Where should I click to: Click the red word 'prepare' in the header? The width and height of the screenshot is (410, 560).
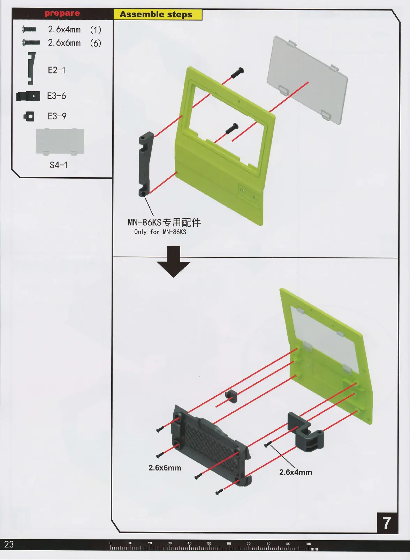click(x=62, y=14)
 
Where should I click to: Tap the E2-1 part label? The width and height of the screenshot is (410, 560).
click(x=56, y=70)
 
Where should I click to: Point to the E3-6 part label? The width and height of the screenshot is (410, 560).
click(x=56, y=96)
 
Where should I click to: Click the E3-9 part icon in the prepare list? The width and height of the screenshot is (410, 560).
click(x=29, y=116)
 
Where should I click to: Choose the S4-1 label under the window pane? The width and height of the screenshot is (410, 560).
click(x=58, y=165)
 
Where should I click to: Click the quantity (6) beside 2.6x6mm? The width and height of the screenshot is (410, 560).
click(x=96, y=43)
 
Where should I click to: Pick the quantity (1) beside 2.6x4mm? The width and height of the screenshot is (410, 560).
click(x=96, y=30)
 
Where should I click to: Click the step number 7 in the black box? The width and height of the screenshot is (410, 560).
click(x=387, y=523)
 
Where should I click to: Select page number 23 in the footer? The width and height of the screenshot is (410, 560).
click(x=9, y=544)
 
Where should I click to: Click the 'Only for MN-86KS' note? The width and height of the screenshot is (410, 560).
click(x=160, y=232)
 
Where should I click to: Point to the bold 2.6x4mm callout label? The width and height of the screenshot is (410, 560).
click(x=295, y=472)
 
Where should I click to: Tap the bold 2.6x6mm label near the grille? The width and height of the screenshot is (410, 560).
click(x=165, y=468)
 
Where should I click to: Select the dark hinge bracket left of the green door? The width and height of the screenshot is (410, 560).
click(x=146, y=164)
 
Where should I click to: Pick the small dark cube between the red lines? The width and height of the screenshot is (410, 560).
click(x=231, y=396)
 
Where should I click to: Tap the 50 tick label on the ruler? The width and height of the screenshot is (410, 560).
click(x=209, y=543)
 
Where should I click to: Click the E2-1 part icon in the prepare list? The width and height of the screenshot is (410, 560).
click(x=31, y=68)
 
